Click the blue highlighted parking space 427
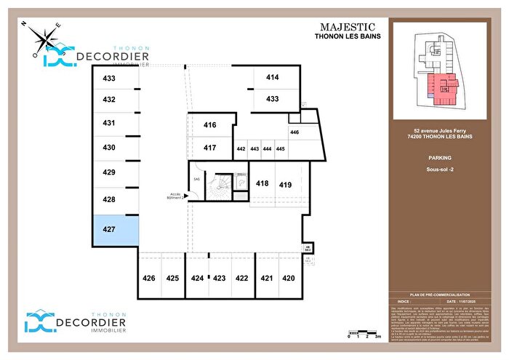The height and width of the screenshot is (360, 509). tap(115, 230)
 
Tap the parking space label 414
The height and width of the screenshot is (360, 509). tap(273, 77)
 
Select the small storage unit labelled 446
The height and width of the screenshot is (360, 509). tap(294, 132)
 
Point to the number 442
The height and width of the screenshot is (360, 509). tap(241, 149)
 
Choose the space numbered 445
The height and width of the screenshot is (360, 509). tap(280, 149)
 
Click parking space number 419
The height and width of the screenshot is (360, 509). tap(285, 185)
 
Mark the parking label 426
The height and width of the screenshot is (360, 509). tap(148, 278)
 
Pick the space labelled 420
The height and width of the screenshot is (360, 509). tap(289, 278)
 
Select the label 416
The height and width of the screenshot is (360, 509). tap(209, 125)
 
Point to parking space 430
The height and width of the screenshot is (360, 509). tap(109, 148)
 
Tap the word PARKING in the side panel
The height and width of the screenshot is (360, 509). tap(439, 157)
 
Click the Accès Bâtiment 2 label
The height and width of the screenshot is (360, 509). tap(175, 196)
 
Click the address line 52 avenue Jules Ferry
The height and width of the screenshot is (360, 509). tap(439, 132)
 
